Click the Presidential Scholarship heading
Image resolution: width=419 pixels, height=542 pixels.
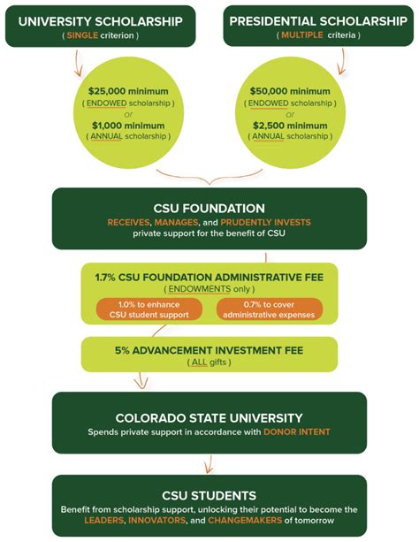coord(319,20)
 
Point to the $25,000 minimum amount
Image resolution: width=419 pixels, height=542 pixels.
coord(122,90)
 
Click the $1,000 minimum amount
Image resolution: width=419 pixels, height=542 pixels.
coord(122,126)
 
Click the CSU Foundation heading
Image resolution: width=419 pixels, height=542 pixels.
coord(209,209)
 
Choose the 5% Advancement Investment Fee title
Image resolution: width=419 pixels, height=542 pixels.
coord(209,350)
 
